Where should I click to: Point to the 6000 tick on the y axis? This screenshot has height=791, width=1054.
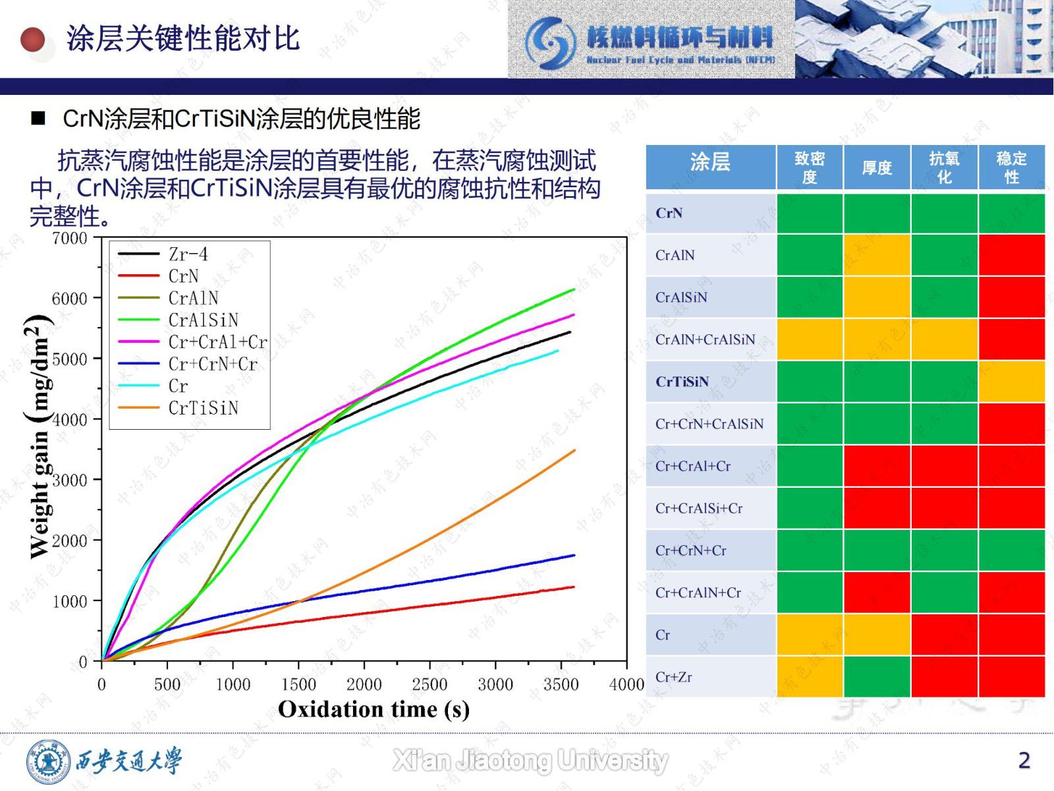pos(69,298)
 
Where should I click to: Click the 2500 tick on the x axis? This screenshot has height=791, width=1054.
pos(430,685)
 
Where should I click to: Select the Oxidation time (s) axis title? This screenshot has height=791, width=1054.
pos(374,709)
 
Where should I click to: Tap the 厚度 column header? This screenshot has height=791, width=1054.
pos(877,168)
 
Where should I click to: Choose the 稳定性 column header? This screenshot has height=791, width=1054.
pos(1011,167)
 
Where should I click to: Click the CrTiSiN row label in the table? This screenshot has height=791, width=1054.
pos(682,382)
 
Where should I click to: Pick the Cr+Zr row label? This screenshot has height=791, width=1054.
pos(673,677)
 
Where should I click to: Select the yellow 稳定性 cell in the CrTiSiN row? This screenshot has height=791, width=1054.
pos(1011,382)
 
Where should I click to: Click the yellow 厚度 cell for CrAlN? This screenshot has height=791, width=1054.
pos(877,255)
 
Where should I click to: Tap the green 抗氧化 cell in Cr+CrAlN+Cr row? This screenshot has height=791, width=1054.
pos(944,593)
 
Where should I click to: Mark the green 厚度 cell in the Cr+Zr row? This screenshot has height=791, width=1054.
pos(877,677)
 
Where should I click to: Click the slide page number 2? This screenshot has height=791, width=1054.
pos(1024,760)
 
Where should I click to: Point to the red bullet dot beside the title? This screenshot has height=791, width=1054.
pos(33,40)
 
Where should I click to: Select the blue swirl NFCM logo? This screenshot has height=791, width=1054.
pos(549,42)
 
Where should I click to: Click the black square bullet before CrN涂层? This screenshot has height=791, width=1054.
pos(38,119)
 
